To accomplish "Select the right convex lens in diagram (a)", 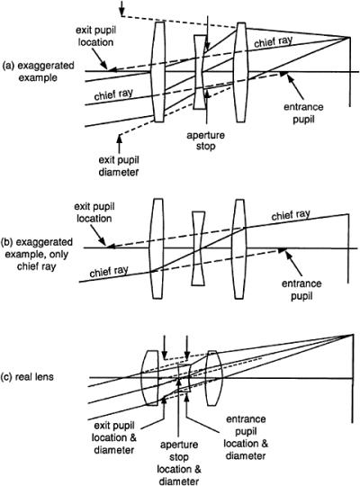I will click(x=238, y=71).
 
